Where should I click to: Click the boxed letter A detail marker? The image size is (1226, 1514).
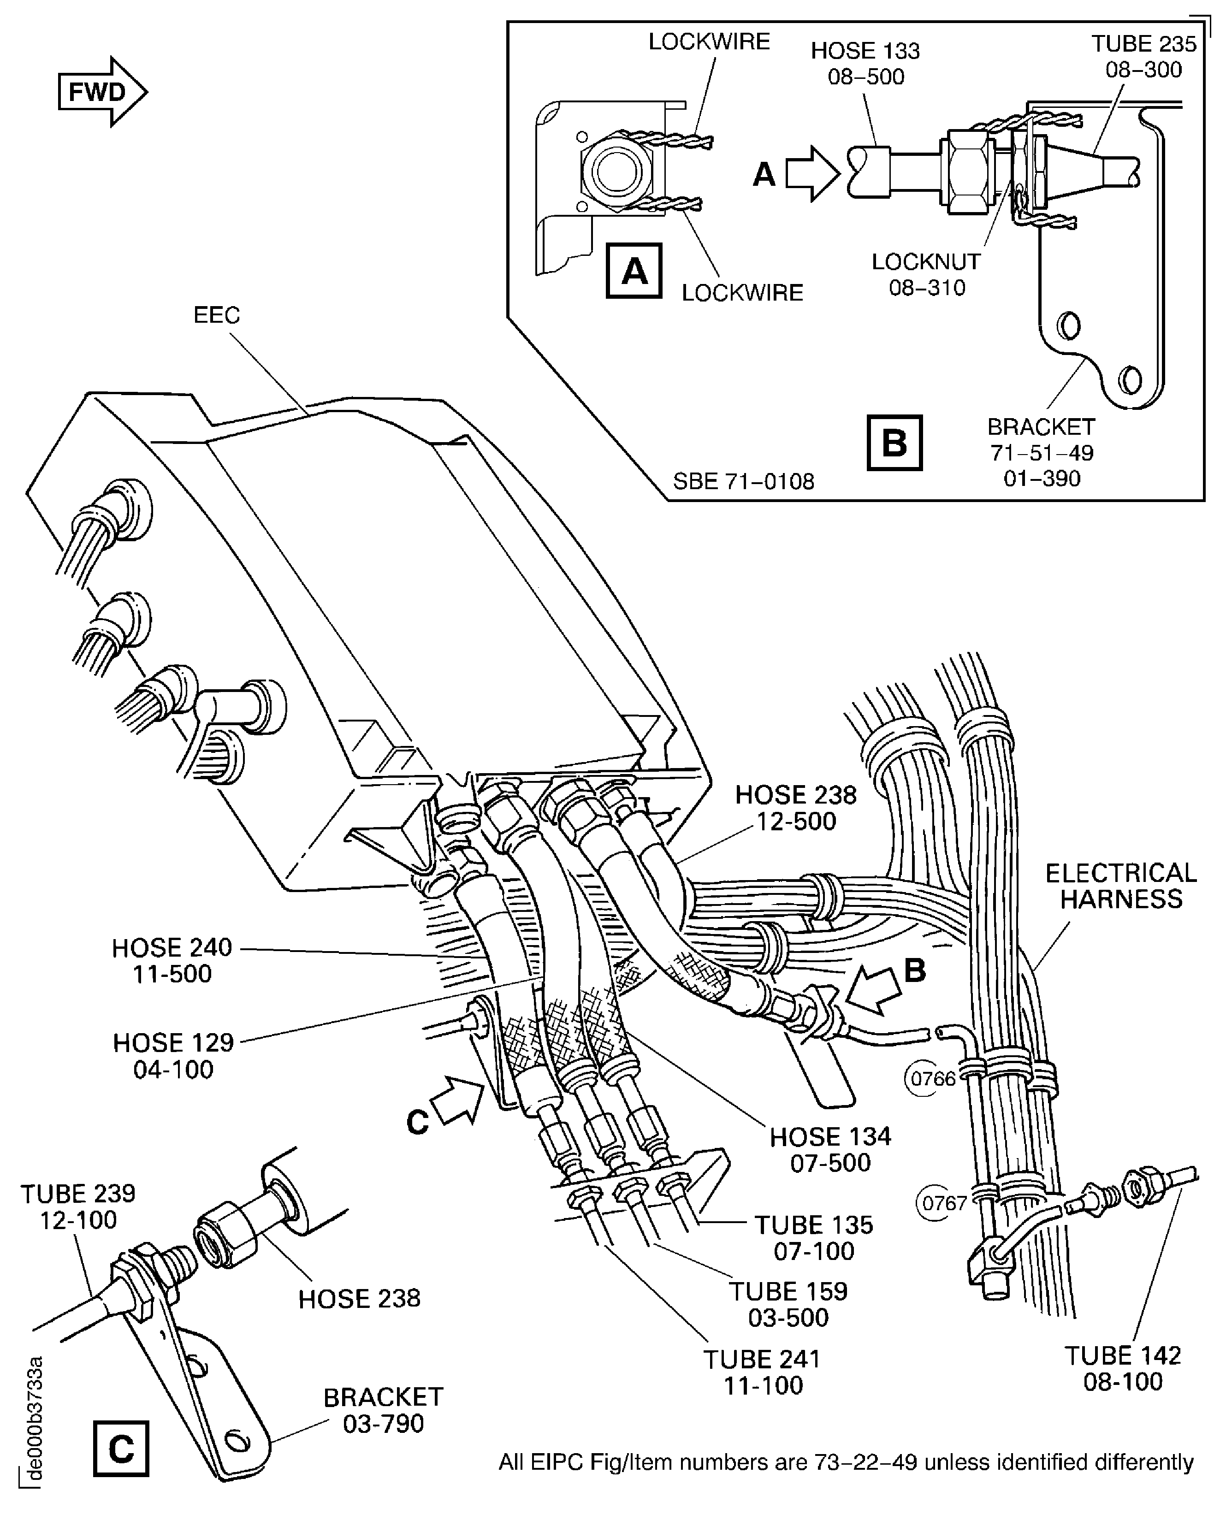click(x=634, y=271)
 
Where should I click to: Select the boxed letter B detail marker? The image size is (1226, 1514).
click(x=894, y=443)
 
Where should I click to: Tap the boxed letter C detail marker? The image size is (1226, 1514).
click(x=121, y=1449)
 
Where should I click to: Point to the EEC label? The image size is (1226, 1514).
click(x=217, y=315)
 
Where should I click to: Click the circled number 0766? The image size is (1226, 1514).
click(x=932, y=1078)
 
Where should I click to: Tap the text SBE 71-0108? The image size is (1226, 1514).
click(x=743, y=482)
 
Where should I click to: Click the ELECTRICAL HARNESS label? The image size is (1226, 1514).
click(x=1121, y=886)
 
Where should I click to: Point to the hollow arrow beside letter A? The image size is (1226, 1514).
click(x=812, y=173)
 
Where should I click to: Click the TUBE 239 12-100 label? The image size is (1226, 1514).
click(x=77, y=1206)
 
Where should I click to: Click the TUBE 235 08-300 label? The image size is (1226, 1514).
click(x=1143, y=57)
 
